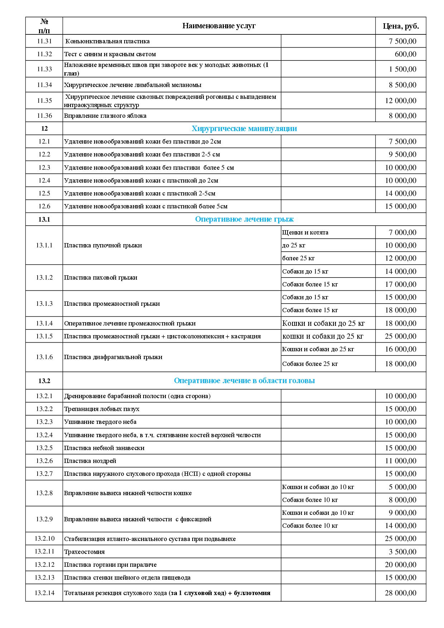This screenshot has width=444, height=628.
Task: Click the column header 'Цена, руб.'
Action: [x=401, y=26]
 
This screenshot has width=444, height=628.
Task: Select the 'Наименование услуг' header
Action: [x=219, y=26]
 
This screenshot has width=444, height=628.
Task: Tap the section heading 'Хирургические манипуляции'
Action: [x=244, y=129]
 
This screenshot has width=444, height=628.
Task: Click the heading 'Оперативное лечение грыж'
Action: [x=244, y=219]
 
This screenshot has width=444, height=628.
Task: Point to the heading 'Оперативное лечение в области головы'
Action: [x=244, y=381]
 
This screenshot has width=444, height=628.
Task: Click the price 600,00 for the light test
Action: [x=405, y=54]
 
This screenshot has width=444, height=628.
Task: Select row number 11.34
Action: [x=44, y=85]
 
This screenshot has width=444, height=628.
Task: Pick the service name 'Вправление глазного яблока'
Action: [x=105, y=116]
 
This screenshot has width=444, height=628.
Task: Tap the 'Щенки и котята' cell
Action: [x=305, y=232]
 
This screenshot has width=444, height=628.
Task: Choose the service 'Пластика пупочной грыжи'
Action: [x=103, y=245]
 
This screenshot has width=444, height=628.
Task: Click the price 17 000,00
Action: [x=401, y=284]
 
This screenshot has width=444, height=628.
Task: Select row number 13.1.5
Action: [x=44, y=336]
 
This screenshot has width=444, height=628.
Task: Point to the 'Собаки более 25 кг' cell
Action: [x=310, y=364]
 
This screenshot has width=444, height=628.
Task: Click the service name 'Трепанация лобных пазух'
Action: [x=102, y=409]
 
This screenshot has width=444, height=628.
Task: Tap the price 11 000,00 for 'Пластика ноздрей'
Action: [x=401, y=461]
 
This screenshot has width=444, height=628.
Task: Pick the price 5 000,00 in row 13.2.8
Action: [x=402, y=487]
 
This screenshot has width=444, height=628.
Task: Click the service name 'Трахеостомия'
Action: [x=84, y=552]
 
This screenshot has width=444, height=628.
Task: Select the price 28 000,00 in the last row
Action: [x=401, y=593]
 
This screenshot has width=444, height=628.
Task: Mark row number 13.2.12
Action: [x=44, y=565]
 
